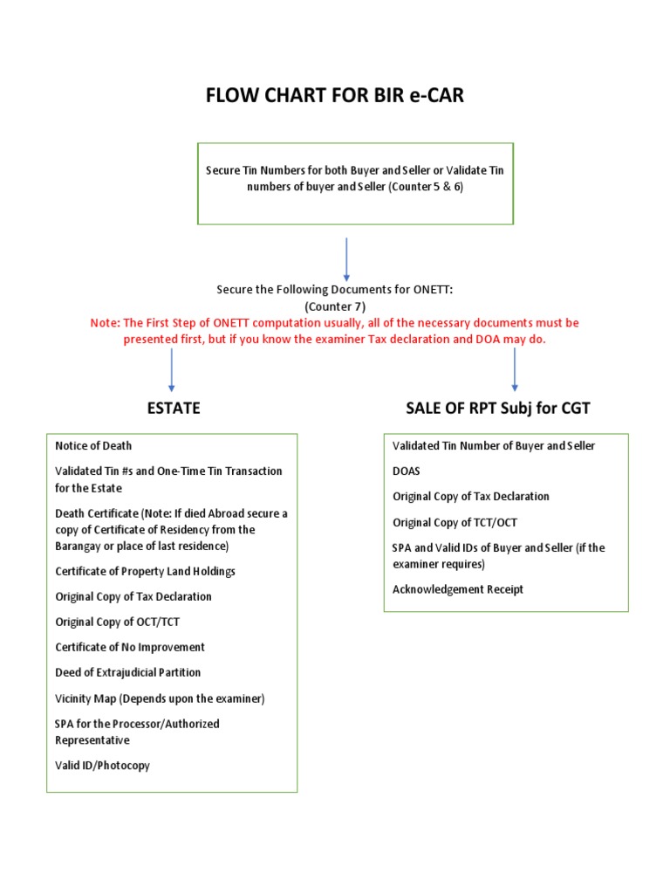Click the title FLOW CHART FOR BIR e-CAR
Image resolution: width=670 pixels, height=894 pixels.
335,95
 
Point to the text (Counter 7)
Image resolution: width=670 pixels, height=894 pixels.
336,306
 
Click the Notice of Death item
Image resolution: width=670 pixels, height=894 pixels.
93,445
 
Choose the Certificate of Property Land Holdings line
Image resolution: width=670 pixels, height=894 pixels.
145,571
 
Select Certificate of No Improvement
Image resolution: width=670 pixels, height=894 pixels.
130,647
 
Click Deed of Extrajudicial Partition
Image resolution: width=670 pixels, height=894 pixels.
127,672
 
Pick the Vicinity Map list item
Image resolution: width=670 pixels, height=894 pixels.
160,698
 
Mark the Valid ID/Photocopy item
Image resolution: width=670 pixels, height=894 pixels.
102,765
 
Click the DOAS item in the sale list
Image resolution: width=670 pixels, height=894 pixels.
407,471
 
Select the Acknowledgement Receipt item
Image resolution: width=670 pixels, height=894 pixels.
458,589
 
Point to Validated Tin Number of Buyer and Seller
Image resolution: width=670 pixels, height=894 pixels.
494,445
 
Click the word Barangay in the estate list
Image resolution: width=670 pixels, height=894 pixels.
81,546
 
